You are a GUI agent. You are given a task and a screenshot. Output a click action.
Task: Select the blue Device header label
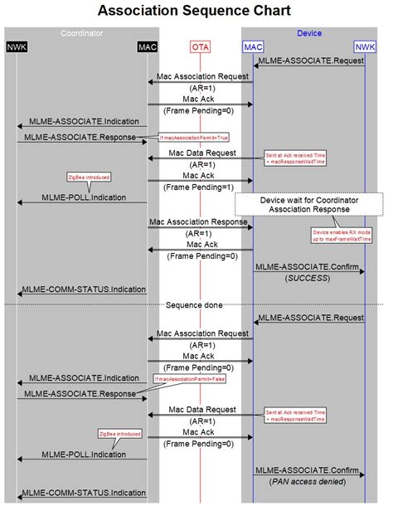(308, 33)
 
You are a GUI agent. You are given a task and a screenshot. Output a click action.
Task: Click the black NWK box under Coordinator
(17, 47)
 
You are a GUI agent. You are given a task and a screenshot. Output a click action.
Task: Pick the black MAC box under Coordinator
(148, 47)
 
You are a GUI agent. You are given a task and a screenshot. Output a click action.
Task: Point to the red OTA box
(200, 47)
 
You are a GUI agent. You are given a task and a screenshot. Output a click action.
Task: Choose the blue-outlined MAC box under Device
(253, 47)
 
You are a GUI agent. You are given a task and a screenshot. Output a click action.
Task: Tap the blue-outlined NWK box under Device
(365, 47)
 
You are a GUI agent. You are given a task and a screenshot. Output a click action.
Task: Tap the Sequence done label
(194, 304)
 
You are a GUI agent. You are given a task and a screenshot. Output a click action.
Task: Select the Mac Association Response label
(199, 221)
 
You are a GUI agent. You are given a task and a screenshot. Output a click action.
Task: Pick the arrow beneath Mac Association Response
(200, 227)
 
